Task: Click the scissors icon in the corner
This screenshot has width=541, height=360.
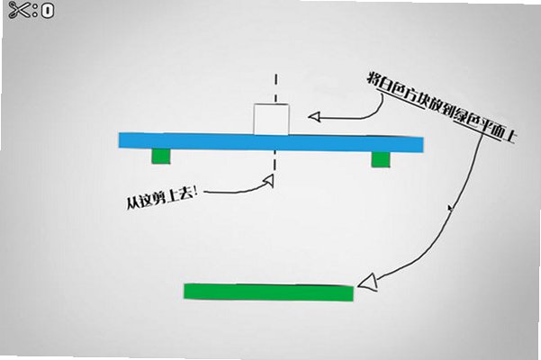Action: click(x=18, y=10)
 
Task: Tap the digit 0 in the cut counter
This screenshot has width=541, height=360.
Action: click(x=48, y=11)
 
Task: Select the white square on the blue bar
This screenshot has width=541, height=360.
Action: click(x=271, y=119)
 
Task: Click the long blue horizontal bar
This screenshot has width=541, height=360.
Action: click(x=271, y=142)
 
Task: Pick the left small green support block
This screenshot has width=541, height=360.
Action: click(x=161, y=156)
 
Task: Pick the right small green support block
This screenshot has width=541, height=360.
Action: click(x=381, y=159)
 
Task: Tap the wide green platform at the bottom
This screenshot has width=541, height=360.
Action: click(x=269, y=292)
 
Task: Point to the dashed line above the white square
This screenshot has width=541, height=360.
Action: click(x=275, y=88)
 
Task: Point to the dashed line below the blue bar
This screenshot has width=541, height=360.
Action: click(x=275, y=161)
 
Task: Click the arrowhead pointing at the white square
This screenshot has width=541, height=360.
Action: click(x=314, y=117)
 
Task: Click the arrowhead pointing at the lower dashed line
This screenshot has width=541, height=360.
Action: click(x=269, y=180)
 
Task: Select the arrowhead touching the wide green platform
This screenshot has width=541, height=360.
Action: click(x=368, y=282)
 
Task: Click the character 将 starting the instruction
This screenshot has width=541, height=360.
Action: click(x=374, y=79)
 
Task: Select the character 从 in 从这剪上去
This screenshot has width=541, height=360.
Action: click(x=132, y=203)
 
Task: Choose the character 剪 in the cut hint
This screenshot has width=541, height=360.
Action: click(x=159, y=198)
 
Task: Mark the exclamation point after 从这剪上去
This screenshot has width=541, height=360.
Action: click(x=195, y=192)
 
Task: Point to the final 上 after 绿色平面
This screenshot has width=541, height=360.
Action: click(x=509, y=137)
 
